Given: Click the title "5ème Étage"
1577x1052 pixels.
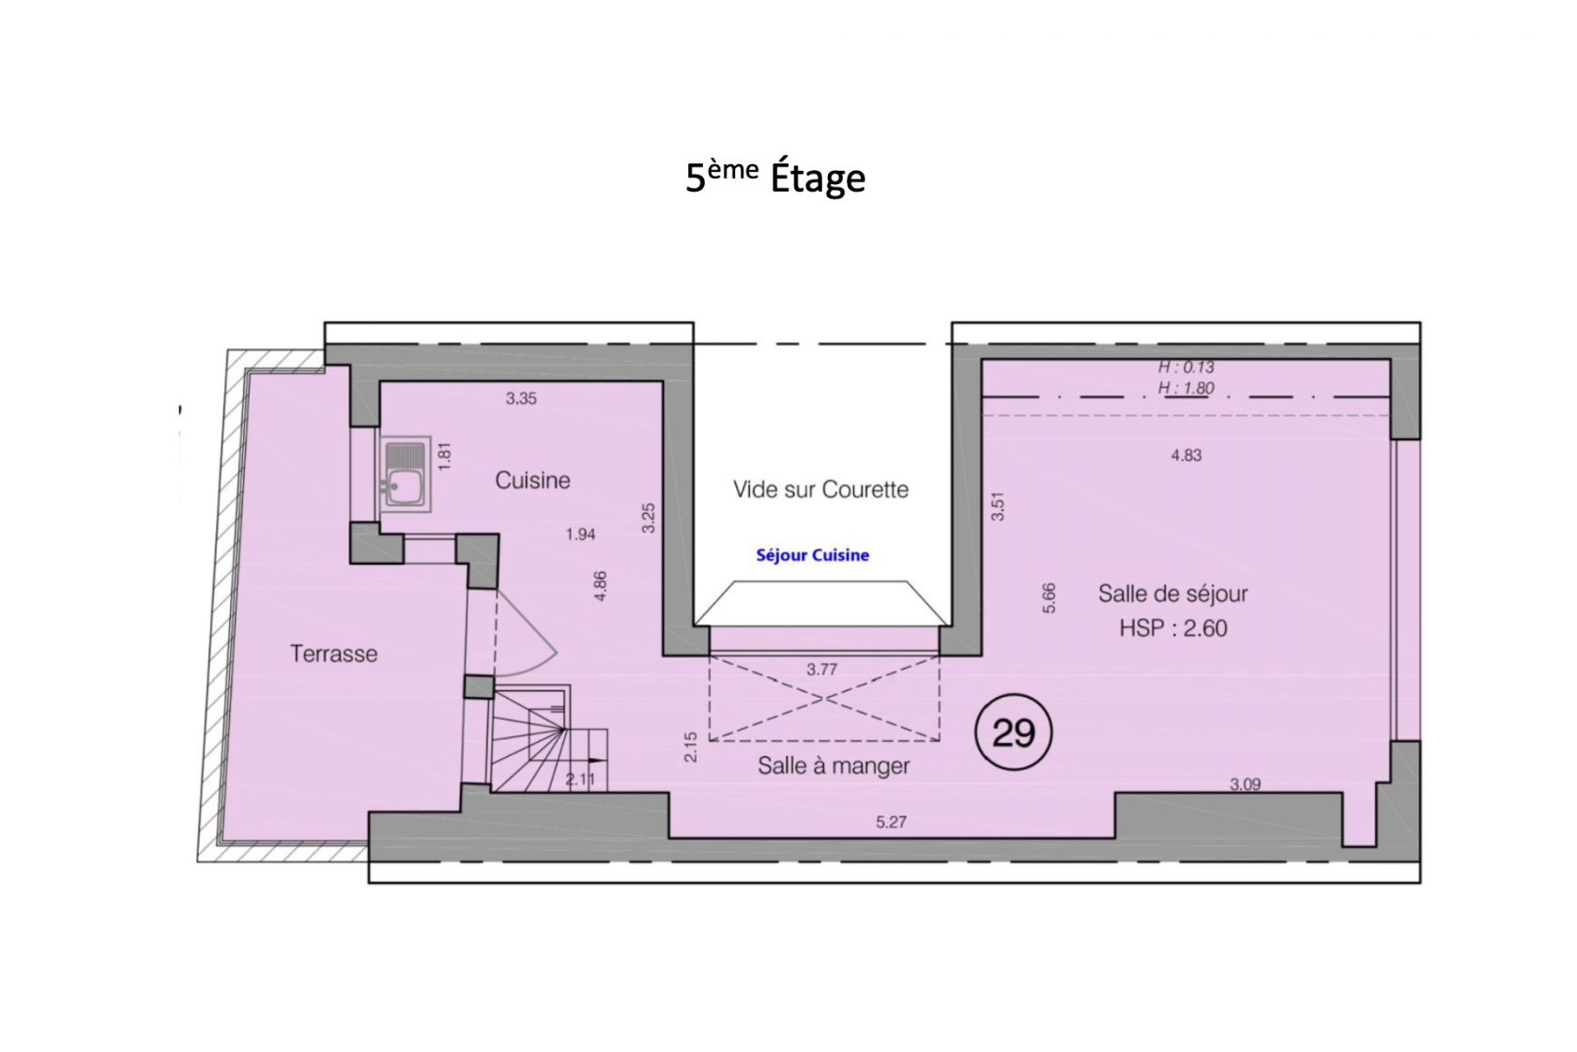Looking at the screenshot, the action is tap(775, 177).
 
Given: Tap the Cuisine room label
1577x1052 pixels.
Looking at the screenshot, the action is tap(532, 481).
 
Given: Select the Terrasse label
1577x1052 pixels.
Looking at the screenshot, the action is tap(334, 654).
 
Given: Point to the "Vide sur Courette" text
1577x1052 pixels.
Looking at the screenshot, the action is tap(820, 489).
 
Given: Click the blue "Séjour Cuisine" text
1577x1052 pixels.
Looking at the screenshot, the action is tap(813, 555).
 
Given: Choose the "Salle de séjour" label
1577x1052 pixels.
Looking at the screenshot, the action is tap(1173, 594).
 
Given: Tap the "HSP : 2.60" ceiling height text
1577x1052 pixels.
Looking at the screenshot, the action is tap(1173, 627).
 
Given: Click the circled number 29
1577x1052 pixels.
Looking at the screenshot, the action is tap(1013, 732).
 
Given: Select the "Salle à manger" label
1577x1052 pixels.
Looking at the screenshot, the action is tap(834, 766).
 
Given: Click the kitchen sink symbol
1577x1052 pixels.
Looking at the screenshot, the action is tap(405, 473).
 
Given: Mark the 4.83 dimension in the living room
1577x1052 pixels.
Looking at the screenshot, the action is tap(1187, 456).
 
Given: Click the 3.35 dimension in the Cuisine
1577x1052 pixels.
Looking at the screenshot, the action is tap(521, 399).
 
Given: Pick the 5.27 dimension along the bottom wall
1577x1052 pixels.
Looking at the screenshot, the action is tap(892, 822).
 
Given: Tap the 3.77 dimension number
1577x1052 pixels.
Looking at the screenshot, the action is tap(821, 670).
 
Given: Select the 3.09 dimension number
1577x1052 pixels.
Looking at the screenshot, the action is tap(1246, 784).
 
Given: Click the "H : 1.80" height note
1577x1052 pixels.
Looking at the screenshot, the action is tap(1187, 388).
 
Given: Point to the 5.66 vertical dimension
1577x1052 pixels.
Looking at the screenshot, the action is tap(1049, 597).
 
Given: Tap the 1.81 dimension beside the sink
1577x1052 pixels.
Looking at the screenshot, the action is tap(444, 456).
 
